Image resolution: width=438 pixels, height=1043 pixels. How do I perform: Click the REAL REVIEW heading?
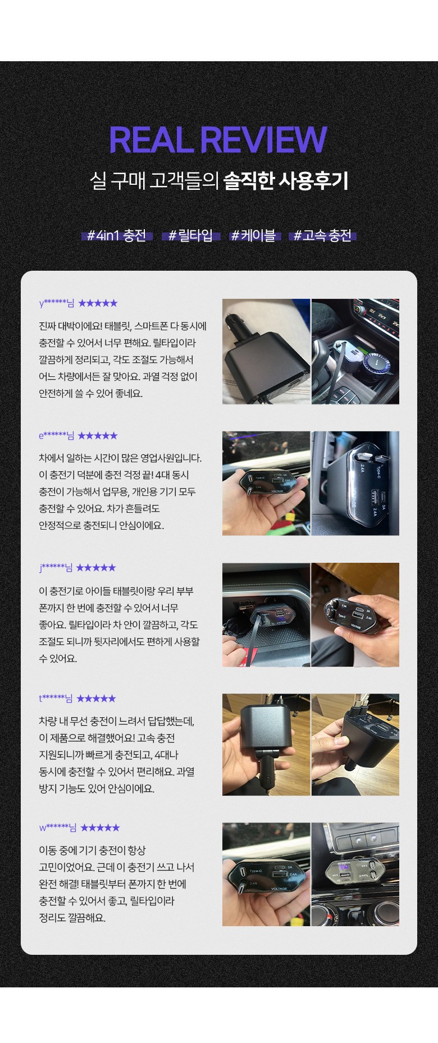(x=218, y=140)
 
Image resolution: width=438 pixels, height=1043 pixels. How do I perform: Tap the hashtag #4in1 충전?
(x=117, y=235)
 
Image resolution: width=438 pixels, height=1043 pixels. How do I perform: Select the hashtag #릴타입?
(x=191, y=235)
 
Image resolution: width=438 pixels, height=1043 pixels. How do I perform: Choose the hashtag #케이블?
(x=253, y=235)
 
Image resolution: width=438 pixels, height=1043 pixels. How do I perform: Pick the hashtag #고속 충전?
(x=323, y=235)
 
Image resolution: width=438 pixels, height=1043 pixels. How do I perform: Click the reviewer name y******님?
(x=57, y=303)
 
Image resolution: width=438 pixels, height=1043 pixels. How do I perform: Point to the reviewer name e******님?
(x=57, y=435)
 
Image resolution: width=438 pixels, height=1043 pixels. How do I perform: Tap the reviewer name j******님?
(x=56, y=568)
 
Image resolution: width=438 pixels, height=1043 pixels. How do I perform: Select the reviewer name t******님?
(x=56, y=699)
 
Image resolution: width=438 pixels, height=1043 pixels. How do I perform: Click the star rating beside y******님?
(x=98, y=303)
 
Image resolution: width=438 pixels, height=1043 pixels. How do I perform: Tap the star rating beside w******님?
(x=101, y=827)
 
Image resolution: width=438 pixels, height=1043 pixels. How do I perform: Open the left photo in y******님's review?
(x=266, y=352)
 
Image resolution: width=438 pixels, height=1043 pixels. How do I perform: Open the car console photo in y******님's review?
(x=355, y=352)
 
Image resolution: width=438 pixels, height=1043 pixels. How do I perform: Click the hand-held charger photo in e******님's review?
(x=266, y=483)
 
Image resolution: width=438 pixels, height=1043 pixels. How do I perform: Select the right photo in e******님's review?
(x=355, y=483)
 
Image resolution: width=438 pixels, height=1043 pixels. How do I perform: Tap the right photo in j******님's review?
(x=355, y=615)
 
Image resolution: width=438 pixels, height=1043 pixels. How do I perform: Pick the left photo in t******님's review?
(x=266, y=745)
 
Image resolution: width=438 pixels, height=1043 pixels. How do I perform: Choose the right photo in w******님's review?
(x=355, y=875)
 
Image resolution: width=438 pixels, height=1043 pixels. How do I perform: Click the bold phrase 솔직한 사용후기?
(x=286, y=181)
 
